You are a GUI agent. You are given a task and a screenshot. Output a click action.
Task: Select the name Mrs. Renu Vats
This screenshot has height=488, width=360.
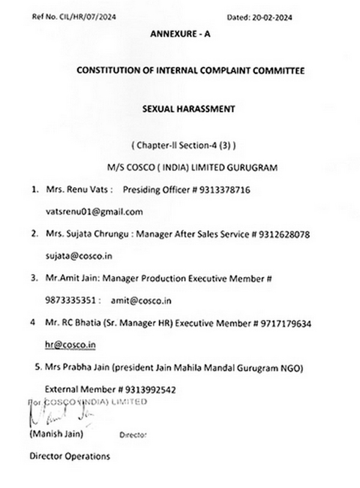click(x=72, y=190)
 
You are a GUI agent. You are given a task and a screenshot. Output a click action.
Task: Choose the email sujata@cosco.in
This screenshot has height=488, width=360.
click(x=75, y=256)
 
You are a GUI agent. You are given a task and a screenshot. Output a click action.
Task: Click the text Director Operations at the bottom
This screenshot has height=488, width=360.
click(x=70, y=456)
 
